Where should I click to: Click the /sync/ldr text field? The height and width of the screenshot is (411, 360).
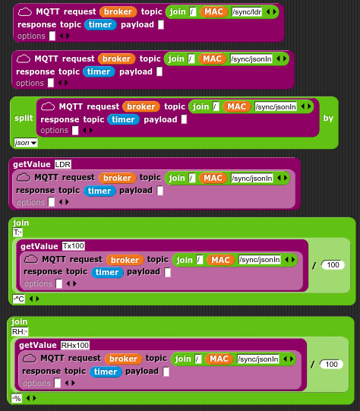click(247, 12)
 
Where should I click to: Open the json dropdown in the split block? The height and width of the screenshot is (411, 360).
click(26, 143)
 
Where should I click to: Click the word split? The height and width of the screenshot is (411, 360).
click(24, 118)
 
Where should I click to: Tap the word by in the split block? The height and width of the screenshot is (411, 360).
click(328, 118)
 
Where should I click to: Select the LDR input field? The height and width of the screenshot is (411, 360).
click(63, 164)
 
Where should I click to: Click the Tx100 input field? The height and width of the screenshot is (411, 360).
click(74, 246)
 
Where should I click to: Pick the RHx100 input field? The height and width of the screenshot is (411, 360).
click(75, 345)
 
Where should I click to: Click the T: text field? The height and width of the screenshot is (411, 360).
click(17, 232)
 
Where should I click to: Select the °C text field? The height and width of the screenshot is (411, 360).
click(19, 299)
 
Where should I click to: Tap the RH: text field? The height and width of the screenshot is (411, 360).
click(20, 331)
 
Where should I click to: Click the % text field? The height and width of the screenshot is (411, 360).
click(17, 398)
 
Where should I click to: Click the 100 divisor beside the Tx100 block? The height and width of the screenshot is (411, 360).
click(333, 264)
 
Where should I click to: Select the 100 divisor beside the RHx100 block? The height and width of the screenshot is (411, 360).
click(331, 364)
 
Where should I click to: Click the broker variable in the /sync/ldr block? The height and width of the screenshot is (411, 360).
click(118, 12)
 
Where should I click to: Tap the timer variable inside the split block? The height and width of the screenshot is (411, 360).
click(123, 119)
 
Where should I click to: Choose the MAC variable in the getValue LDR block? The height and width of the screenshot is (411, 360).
click(213, 178)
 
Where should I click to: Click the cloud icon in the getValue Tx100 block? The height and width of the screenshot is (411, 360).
click(31, 259)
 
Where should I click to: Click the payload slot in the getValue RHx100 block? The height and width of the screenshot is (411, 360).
click(166, 371)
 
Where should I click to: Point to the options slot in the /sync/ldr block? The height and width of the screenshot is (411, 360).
click(52, 36)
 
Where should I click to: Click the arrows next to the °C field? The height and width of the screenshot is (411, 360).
click(34, 299)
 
